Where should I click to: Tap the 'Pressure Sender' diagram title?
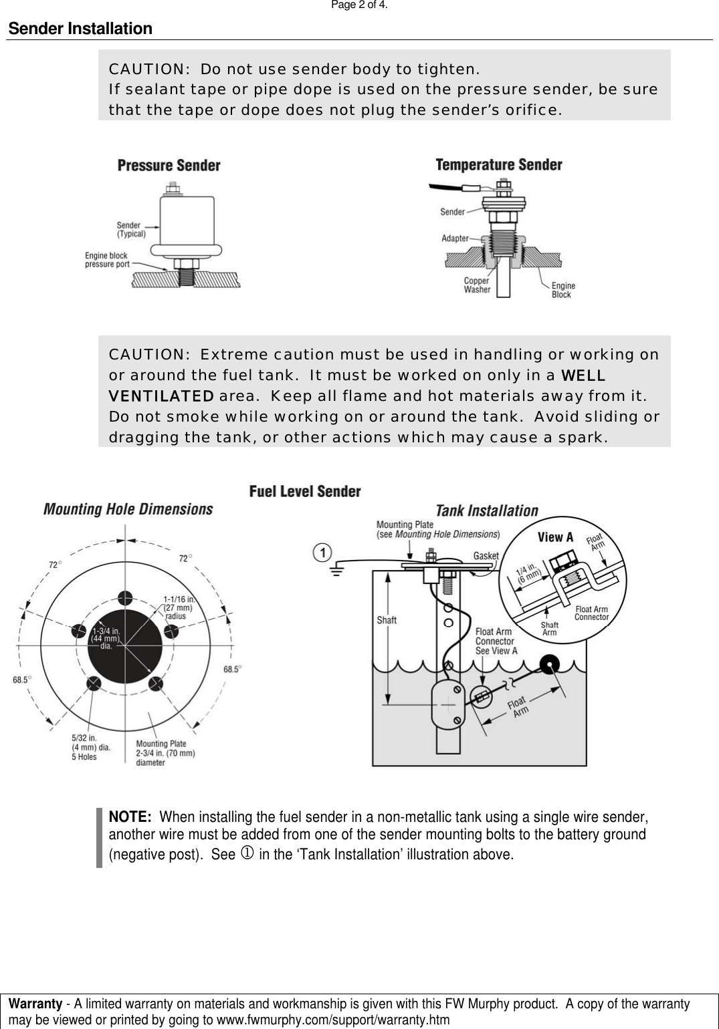[x=169, y=165]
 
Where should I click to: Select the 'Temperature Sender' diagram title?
[x=498, y=164]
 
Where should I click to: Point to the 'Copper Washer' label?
[x=477, y=285]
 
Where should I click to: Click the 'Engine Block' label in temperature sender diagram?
[x=562, y=290]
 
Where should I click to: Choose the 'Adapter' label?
[x=455, y=239]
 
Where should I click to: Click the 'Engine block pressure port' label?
[x=107, y=260]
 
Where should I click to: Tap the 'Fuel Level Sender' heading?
[x=305, y=492]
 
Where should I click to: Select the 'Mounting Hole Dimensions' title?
[x=128, y=509]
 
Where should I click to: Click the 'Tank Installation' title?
[x=487, y=510]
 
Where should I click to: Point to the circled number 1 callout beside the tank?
[x=323, y=553]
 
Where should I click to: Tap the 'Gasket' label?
[x=486, y=556]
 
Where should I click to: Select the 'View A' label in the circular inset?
[x=555, y=537]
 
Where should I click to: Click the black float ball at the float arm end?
[x=552, y=664]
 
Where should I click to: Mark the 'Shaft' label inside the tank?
[x=387, y=620]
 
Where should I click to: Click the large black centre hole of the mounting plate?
[x=124, y=641]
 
